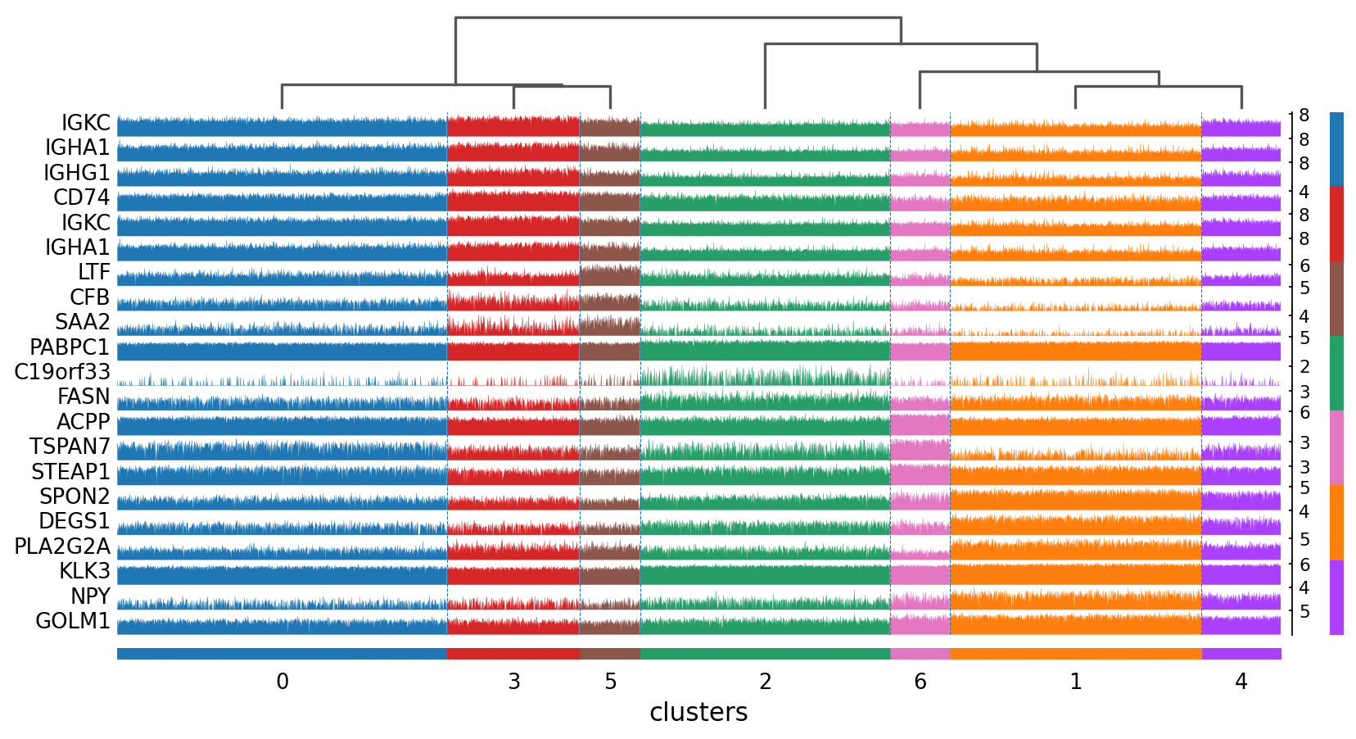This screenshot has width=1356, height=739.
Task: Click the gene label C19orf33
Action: [62, 372]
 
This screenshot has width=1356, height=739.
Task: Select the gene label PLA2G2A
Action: [62, 546]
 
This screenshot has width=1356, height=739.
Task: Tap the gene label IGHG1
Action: [77, 173]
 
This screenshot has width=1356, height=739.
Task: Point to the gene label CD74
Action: [82, 197]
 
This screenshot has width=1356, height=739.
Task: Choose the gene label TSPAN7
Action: [70, 447]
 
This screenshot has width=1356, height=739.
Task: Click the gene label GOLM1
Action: [73, 621]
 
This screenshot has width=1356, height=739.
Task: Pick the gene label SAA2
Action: [83, 322]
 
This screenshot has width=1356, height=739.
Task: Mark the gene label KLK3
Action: [85, 571]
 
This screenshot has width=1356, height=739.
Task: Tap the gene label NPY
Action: [91, 596]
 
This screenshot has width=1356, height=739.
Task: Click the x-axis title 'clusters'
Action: [698, 712]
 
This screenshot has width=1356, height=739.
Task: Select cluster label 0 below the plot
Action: [282, 682]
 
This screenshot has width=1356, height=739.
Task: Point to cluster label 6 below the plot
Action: [920, 682]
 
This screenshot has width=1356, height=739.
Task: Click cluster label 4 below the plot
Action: [1241, 682]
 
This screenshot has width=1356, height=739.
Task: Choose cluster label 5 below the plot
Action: [610, 682]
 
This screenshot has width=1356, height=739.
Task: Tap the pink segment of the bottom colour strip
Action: [920, 654]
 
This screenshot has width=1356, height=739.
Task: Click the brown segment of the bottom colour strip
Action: [610, 654]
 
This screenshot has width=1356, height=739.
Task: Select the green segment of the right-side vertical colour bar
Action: [1336, 373]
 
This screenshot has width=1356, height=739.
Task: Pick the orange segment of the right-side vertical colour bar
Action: [1336, 523]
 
